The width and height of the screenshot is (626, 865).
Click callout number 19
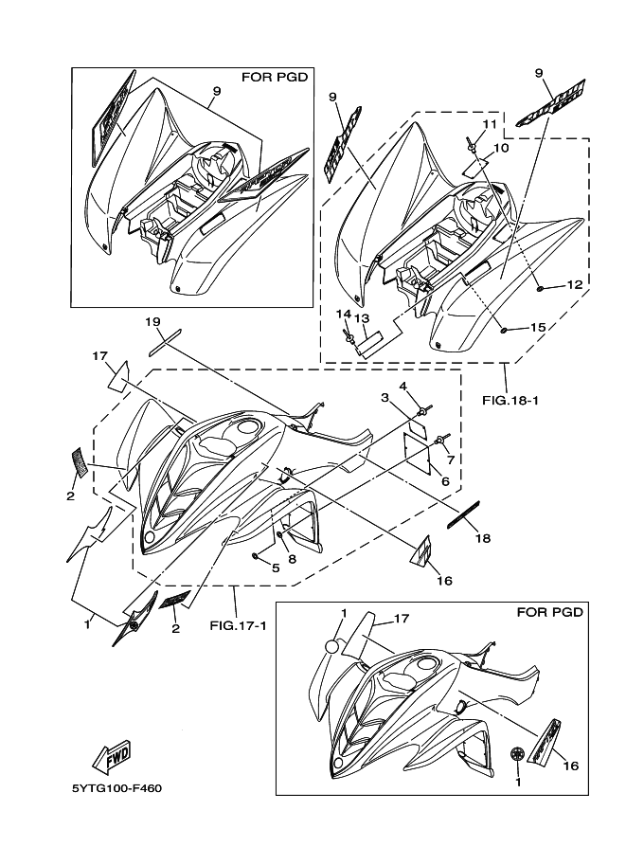(152, 322)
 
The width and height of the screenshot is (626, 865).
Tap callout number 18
(483, 537)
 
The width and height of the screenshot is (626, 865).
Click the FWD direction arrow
(112, 755)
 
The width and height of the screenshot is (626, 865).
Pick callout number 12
(574, 284)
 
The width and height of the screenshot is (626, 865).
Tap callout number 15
(537, 327)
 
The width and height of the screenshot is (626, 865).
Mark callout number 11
(490, 124)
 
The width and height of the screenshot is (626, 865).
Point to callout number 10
(502, 148)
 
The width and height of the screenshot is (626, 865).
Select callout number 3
(385, 397)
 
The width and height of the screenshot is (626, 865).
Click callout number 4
(402, 386)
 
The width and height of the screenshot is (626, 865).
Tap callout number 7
(451, 460)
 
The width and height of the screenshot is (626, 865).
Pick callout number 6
(443, 481)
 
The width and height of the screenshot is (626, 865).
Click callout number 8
(292, 559)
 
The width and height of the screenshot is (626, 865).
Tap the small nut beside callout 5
(258, 554)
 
